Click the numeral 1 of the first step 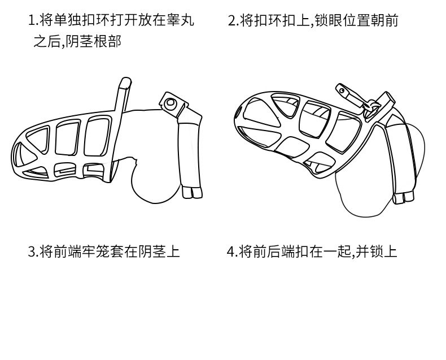[32, 21]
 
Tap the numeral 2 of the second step [231, 21]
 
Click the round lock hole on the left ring [170, 103]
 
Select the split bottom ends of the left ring [193, 193]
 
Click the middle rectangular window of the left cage [65, 138]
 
